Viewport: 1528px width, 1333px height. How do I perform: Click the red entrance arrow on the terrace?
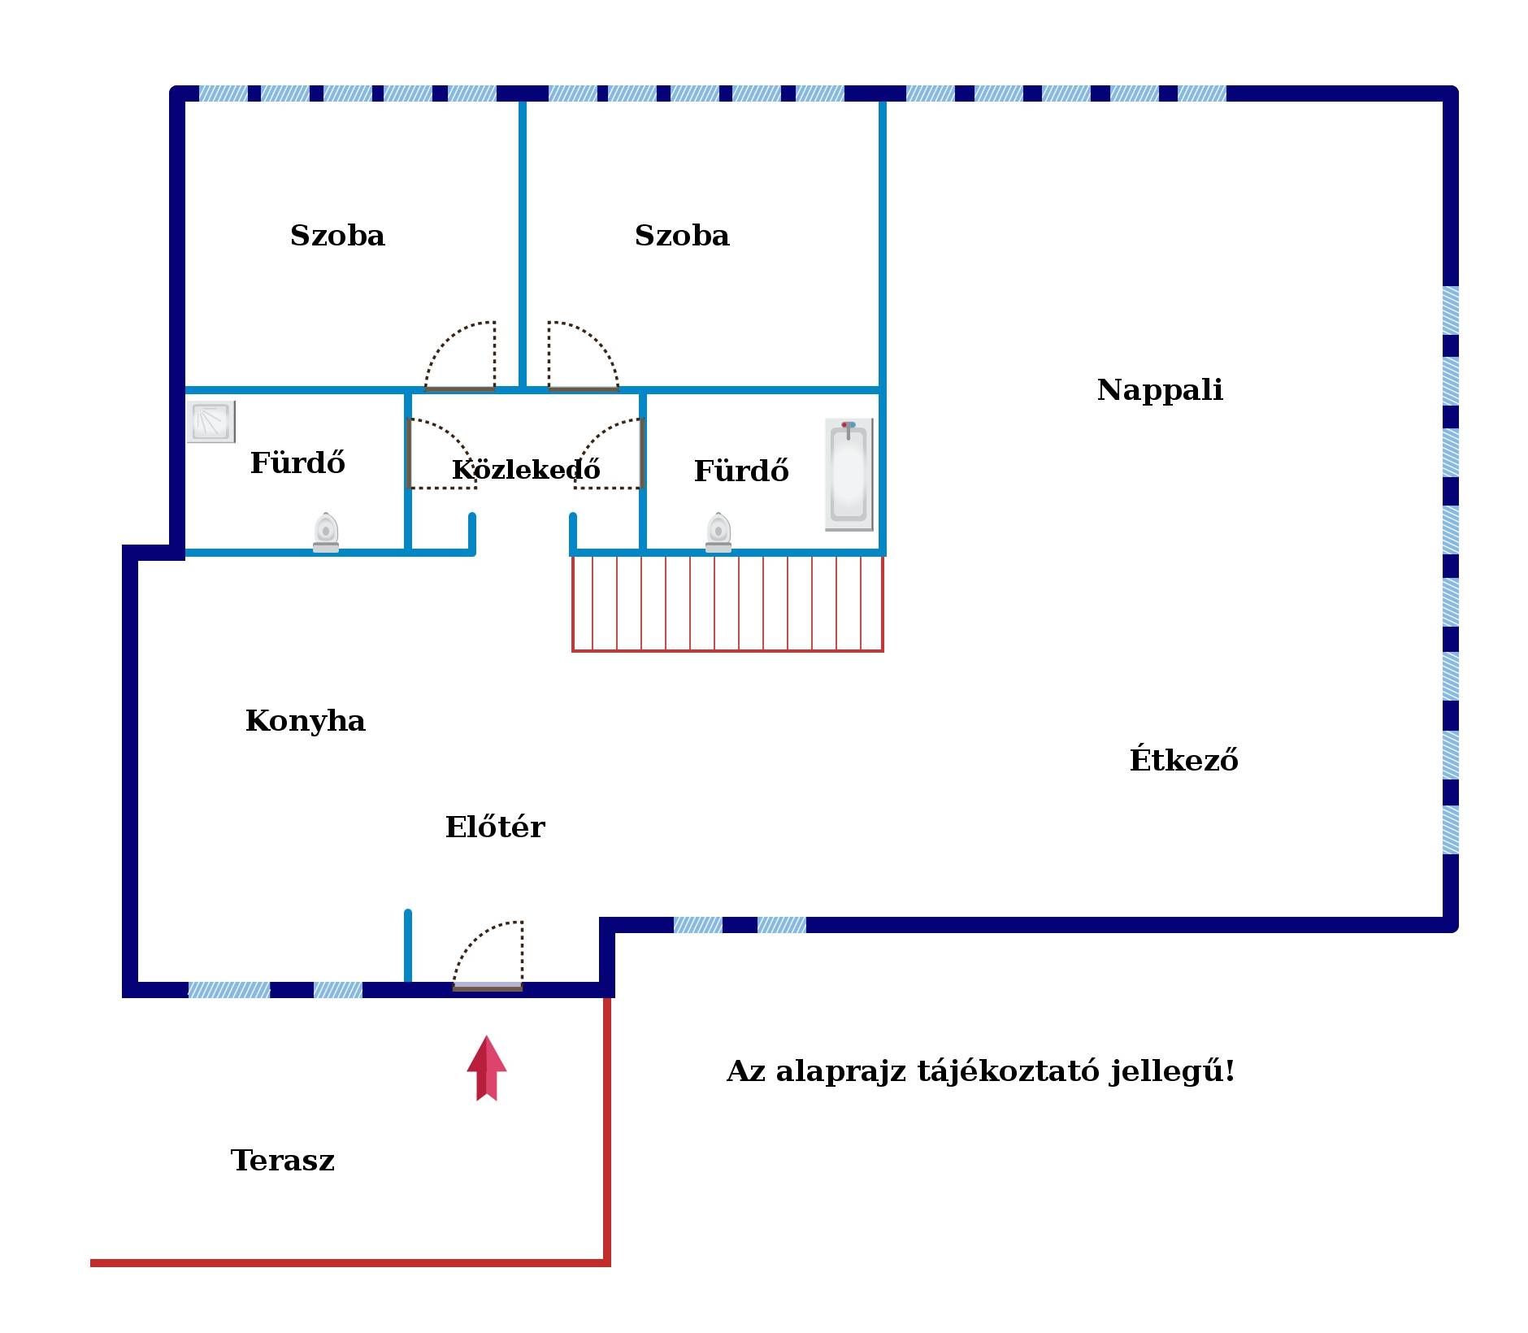(x=486, y=1068)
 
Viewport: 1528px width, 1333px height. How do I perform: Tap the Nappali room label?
(x=1160, y=390)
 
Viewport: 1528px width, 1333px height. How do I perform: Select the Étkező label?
(x=1183, y=759)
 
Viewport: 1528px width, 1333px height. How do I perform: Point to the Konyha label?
(x=306, y=722)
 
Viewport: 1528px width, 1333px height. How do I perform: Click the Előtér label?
(x=495, y=827)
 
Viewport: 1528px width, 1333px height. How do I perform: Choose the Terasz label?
(x=283, y=1160)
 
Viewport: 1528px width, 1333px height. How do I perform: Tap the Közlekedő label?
(x=526, y=469)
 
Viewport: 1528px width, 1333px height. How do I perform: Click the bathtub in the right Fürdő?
(x=849, y=474)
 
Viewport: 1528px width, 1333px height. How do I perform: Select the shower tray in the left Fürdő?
(x=211, y=421)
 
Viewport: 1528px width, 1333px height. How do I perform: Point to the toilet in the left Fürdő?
(x=326, y=532)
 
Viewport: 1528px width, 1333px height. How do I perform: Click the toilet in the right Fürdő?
(x=718, y=532)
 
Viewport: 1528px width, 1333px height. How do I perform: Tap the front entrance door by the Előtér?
(x=488, y=956)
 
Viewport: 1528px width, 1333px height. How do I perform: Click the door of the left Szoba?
(x=460, y=356)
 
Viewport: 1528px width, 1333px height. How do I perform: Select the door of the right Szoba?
(x=584, y=356)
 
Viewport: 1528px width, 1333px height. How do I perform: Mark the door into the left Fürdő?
(x=441, y=454)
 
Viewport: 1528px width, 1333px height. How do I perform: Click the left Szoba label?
(x=337, y=236)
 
